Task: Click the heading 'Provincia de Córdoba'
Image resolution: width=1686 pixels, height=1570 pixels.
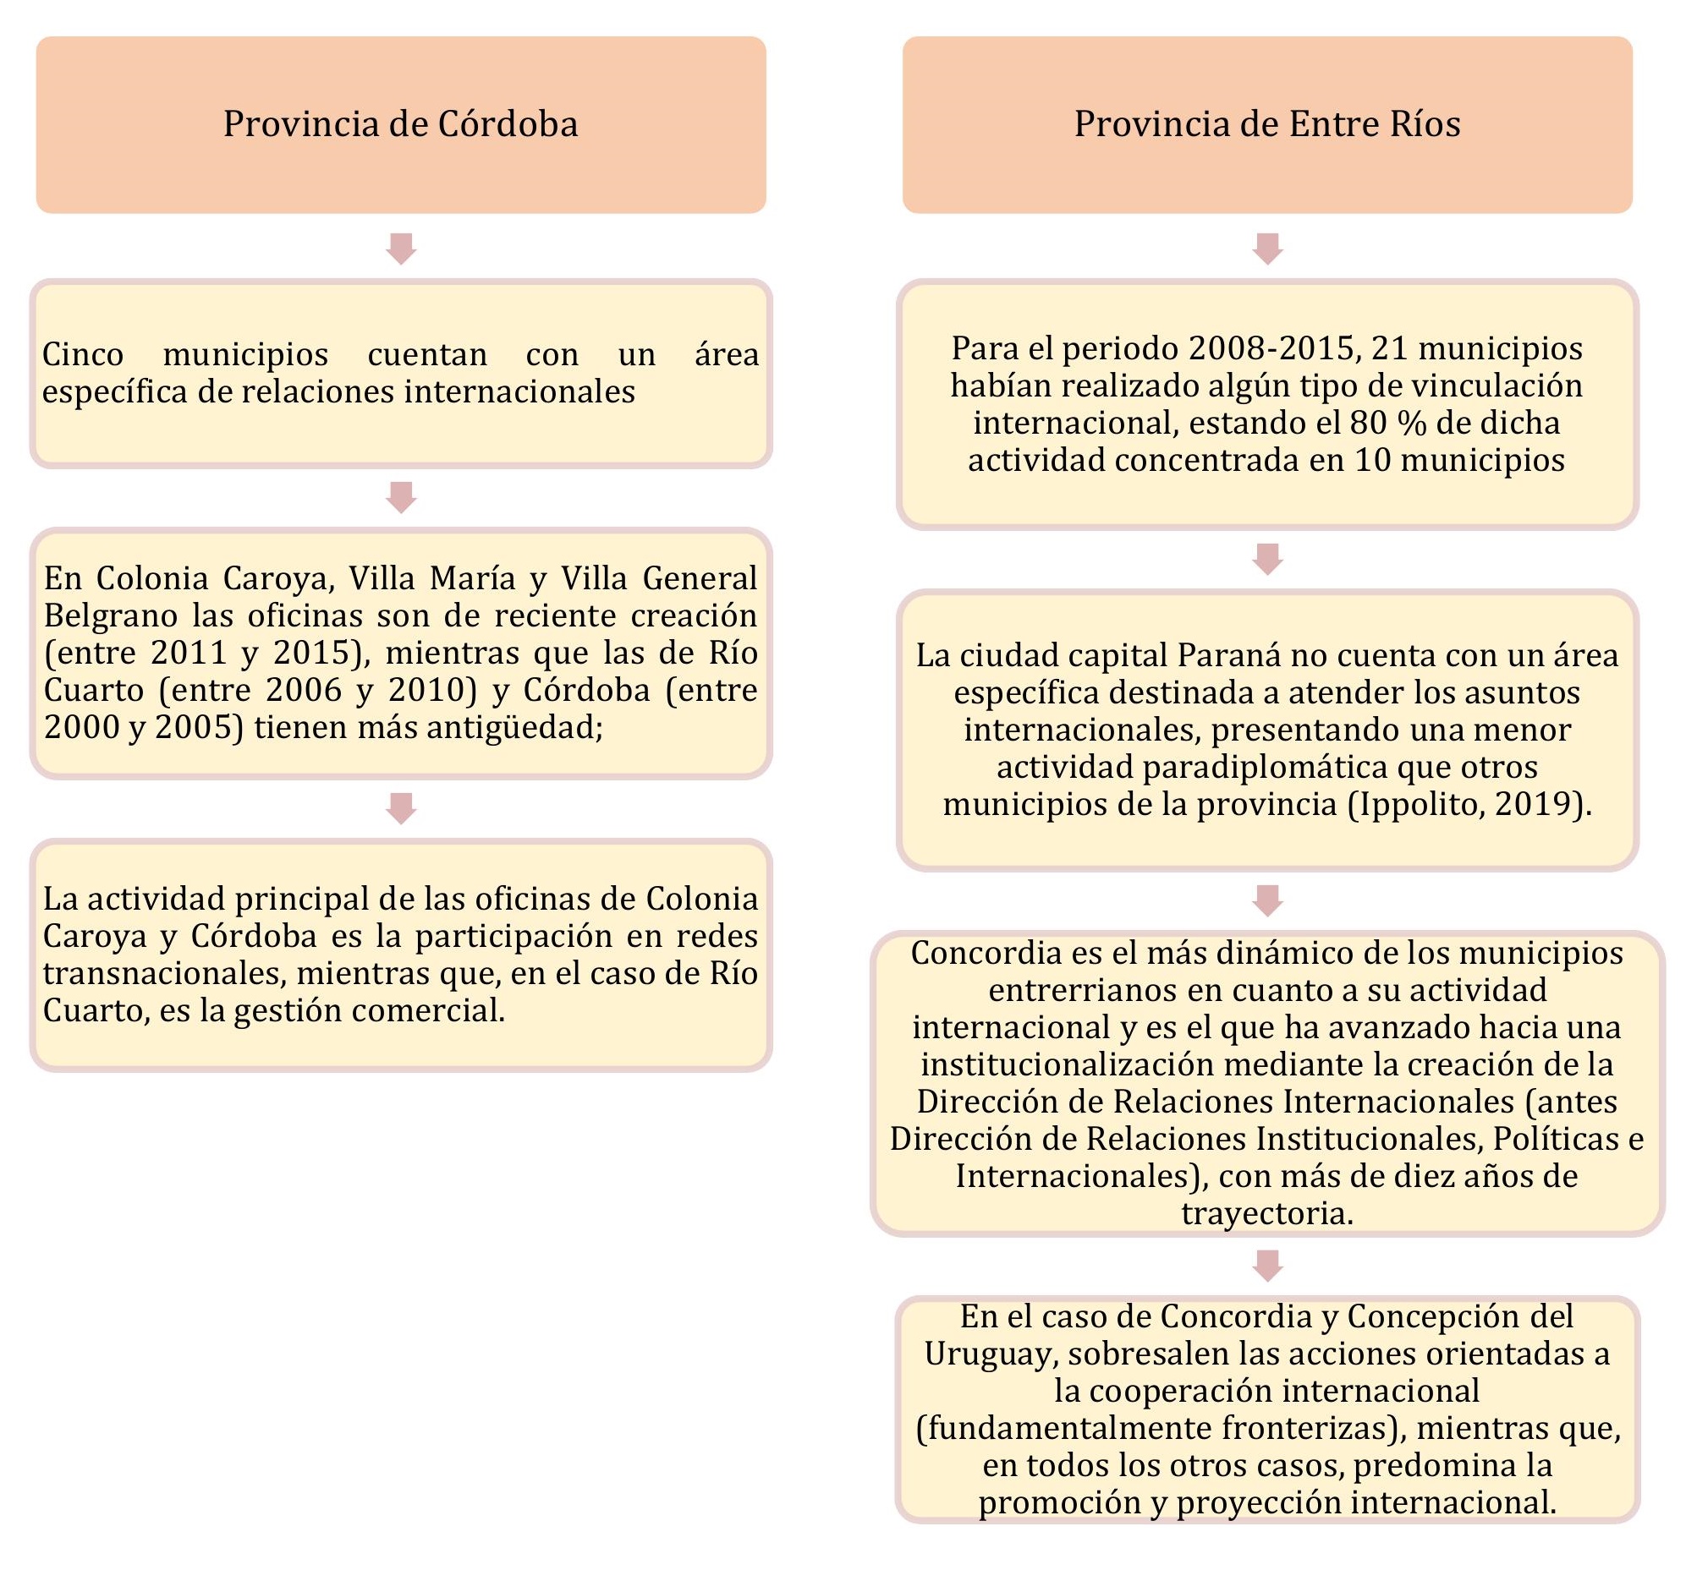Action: coord(400,123)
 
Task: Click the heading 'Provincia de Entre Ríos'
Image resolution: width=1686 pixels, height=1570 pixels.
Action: coord(1267,123)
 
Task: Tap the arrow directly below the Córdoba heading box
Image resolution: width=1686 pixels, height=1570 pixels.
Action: coord(401,249)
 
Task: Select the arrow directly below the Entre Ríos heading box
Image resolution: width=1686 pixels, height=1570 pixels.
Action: coord(1267,249)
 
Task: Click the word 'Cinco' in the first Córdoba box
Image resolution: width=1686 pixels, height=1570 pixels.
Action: coord(83,354)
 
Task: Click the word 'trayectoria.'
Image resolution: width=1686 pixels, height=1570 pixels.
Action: coord(1267,1214)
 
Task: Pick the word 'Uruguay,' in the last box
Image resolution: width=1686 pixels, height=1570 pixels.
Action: coord(991,1354)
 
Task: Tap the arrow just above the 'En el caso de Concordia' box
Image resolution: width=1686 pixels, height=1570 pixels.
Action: coord(1267,1265)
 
